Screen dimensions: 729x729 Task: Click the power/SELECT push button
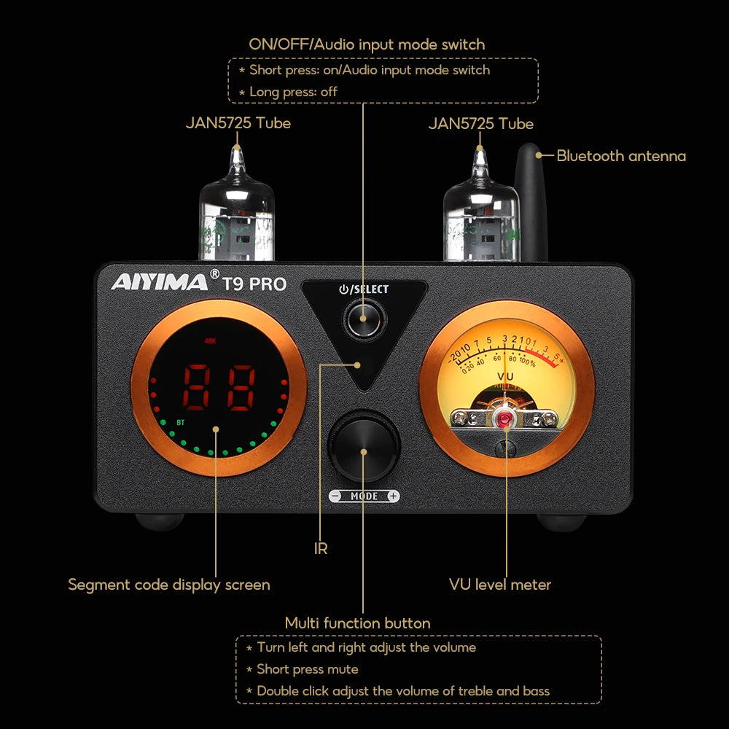[362, 319]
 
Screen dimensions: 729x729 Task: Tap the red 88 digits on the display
[219, 387]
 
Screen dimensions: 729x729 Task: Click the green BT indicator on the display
[180, 421]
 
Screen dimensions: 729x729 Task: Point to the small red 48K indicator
[211, 340]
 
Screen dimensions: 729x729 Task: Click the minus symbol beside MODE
[335, 496]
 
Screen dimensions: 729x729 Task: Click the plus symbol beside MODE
[393, 496]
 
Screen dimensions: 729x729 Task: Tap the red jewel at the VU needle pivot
[504, 418]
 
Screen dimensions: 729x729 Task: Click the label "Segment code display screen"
[169, 585]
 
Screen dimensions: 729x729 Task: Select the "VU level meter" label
[500, 585]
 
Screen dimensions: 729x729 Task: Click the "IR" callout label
[321, 549]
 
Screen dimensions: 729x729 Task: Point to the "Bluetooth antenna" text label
[621, 155]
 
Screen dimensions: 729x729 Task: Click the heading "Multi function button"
[357, 623]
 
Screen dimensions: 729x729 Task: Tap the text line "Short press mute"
[307, 669]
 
